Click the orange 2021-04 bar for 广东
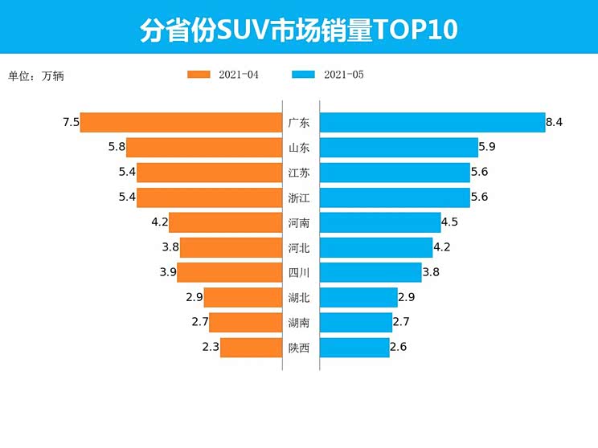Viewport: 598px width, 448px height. point(181,122)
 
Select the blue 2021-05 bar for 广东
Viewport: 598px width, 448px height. point(432,122)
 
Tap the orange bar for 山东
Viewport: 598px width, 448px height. point(204,147)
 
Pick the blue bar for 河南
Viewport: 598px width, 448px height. point(379,222)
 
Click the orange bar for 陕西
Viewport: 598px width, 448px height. point(251,348)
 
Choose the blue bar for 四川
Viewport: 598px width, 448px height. point(371,272)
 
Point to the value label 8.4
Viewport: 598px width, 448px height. point(554,122)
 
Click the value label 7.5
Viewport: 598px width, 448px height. point(70,122)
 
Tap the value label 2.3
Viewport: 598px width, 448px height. point(211,348)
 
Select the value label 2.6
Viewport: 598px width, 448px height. point(399,348)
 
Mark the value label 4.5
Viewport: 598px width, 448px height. point(450,222)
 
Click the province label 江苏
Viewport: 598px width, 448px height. point(299,173)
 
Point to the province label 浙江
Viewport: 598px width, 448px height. point(299,198)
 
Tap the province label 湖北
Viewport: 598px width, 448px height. point(299,298)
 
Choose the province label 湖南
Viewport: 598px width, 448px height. point(299,323)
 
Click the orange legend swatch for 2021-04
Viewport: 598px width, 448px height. point(199,75)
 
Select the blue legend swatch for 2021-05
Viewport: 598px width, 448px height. point(303,75)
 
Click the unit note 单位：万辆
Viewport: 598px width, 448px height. point(35,76)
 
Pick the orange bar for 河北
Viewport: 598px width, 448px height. point(231,247)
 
